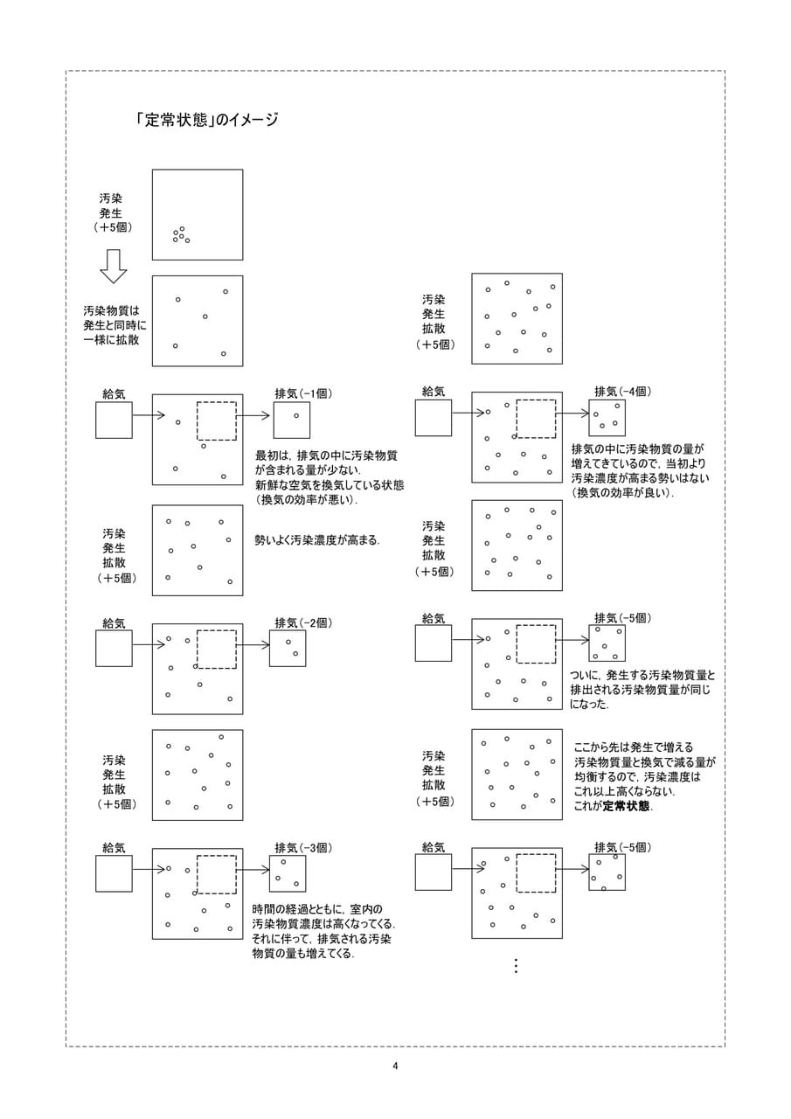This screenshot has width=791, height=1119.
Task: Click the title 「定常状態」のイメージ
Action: click(207, 120)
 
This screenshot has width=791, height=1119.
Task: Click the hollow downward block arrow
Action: click(114, 267)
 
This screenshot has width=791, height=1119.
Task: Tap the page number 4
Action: click(395, 1066)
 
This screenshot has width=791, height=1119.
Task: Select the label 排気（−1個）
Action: click(303, 393)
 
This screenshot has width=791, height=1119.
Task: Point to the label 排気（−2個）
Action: click(303, 623)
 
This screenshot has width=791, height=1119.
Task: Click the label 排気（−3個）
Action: click(303, 848)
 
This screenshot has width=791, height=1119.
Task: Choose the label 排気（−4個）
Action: click(622, 392)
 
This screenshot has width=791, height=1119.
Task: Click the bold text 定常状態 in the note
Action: click(626, 806)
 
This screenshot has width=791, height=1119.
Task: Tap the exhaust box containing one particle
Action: click(292, 420)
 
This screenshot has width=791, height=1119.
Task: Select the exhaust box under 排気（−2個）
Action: click(288, 648)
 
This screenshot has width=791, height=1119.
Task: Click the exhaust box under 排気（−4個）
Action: click(607, 418)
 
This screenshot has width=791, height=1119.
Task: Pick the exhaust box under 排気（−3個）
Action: click(288, 873)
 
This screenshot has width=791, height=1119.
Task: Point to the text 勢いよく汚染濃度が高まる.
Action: click(316, 540)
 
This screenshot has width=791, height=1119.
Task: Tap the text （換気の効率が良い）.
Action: click(622, 493)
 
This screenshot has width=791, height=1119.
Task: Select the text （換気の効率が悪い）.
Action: click(307, 500)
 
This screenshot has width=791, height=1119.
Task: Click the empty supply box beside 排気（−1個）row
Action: click(114, 420)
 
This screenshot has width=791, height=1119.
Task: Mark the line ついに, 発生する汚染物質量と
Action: click(642, 676)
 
